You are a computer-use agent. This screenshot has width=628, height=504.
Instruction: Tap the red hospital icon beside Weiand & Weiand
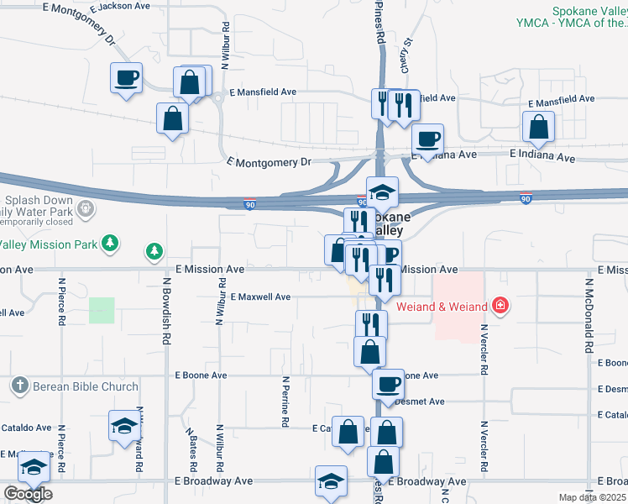pos(500,305)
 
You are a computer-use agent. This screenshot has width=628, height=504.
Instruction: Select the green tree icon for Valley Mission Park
pos(108,244)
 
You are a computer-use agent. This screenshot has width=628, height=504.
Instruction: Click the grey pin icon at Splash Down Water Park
pos(84,207)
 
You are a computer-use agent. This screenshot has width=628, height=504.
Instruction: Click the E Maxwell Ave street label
pos(260,297)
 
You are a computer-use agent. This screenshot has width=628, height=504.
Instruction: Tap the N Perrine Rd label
pos(285,402)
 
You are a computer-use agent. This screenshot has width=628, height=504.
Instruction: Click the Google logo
pos(27,495)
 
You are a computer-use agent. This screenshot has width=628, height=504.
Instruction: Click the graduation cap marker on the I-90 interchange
pos(382,192)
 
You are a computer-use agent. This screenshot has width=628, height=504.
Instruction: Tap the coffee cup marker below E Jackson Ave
pos(127,79)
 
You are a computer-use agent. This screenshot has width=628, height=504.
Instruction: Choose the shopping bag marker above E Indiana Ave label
pos(538,128)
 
